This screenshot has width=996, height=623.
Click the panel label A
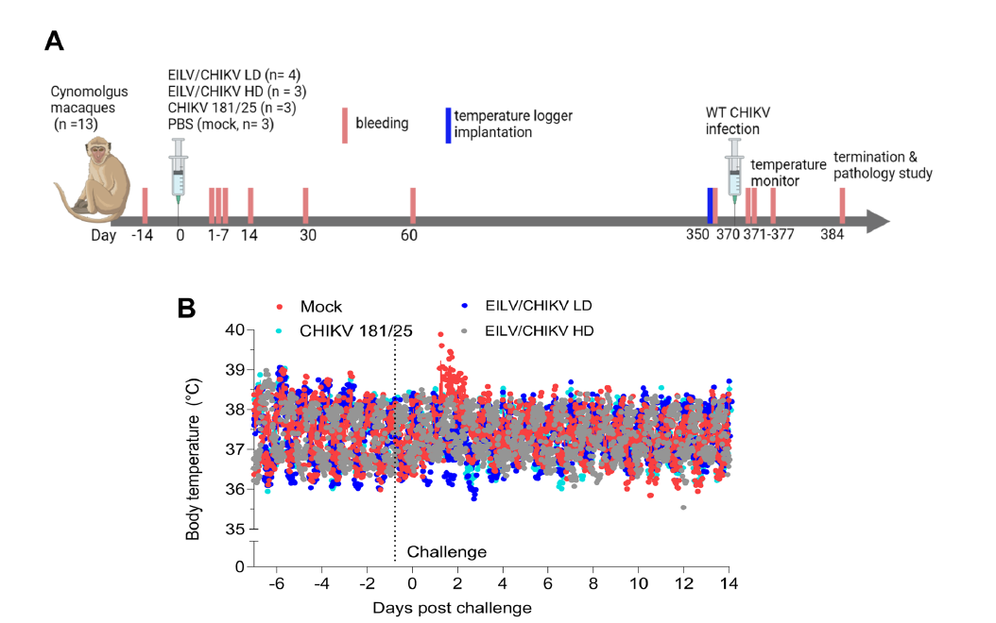(x=55, y=42)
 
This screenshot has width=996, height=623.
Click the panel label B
(x=188, y=308)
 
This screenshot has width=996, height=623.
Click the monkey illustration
(x=82, y=169)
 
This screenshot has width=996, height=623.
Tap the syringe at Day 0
(x=179, y=170)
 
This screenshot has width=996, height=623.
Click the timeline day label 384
(x=833, y=236)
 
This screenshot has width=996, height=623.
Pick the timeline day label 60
(x=408, y=236)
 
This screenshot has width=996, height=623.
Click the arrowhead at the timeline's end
(x=879, y=222)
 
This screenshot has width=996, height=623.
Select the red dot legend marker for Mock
(x=279, y=307)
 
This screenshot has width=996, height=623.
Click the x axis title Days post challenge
(x=452, y=607)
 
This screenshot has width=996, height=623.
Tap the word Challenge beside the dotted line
(x=446, y=552)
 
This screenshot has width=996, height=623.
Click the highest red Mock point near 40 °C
(x=440, y=334)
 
